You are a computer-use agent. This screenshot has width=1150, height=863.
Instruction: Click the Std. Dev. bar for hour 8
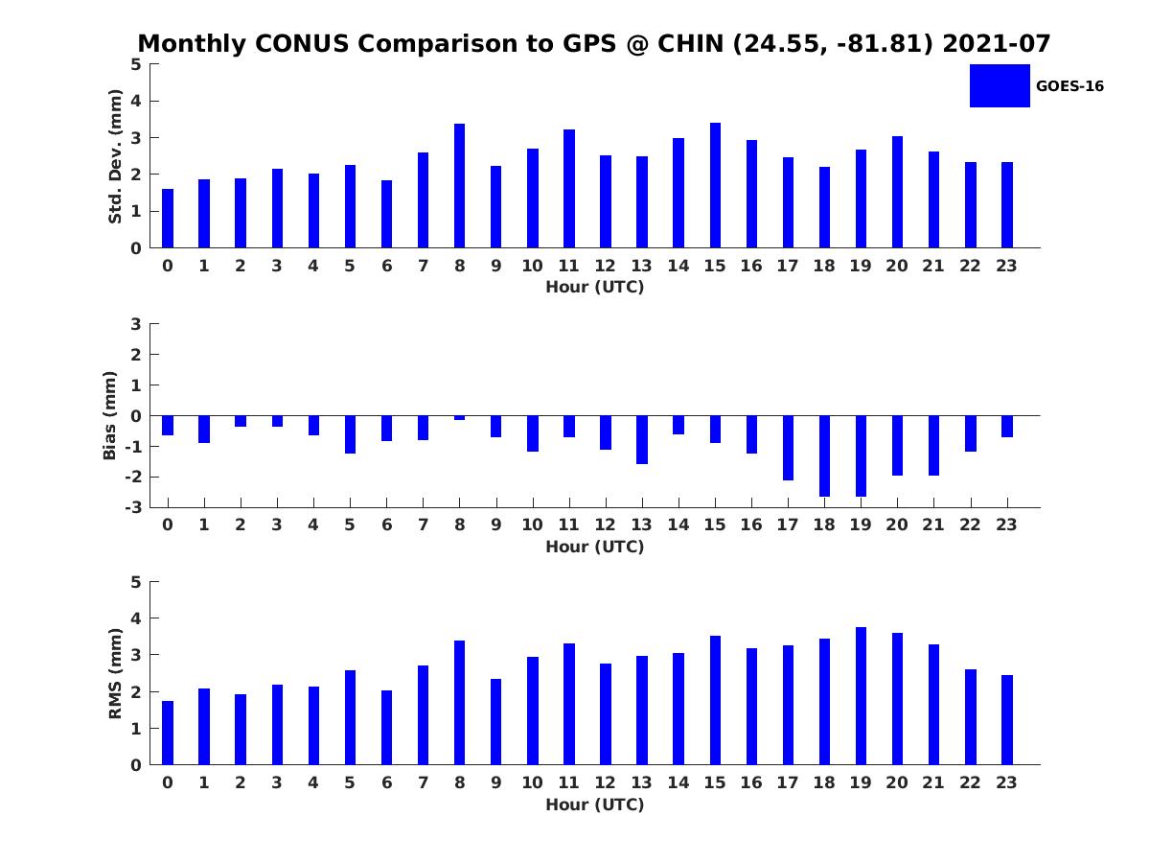(459, 185)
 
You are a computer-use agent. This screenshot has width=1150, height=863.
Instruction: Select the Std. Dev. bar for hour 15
(715, 185)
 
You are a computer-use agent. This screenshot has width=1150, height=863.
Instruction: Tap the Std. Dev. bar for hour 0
(167, 218)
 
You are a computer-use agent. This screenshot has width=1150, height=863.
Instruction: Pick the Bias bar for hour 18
(824, 455)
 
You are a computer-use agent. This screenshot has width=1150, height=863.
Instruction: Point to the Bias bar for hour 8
(459, 418)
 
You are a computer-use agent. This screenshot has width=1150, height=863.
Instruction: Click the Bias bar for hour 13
(642, 439)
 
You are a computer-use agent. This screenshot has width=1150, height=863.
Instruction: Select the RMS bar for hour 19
(861, 696)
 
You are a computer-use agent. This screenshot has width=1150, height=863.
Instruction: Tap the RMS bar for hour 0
(167, 733)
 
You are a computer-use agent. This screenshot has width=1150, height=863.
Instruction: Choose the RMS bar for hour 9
(495, 721)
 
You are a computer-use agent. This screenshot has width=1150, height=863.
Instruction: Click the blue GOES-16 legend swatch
(1000, 86)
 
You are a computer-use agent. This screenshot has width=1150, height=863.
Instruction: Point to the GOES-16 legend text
(1069, 86)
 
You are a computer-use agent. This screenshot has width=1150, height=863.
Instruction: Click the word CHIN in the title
(690, 43)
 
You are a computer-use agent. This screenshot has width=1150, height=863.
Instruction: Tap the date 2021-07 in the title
(996, 43)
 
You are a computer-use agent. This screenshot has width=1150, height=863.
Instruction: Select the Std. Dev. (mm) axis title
(115, 156)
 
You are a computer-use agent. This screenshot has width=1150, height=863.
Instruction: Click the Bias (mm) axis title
(109, 415)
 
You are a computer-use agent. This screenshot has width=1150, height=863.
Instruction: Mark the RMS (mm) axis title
(115, 673)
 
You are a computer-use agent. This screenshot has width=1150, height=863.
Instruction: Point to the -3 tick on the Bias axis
(133, 507)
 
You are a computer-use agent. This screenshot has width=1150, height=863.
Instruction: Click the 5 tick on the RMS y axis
(136, 582)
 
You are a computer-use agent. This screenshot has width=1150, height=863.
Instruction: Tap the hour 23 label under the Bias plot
(1006, 525)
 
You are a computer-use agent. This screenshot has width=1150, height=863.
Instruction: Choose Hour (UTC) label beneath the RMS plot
(595, 805)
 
